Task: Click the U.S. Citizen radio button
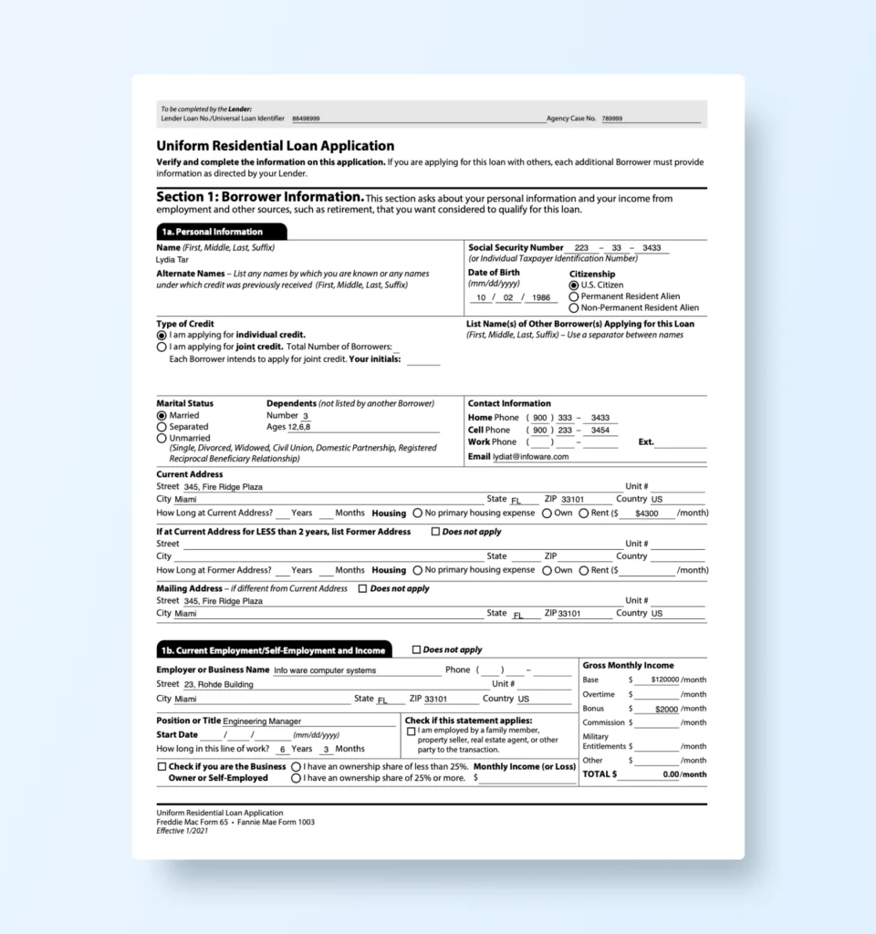(574, 285)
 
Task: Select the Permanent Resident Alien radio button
(574, 296)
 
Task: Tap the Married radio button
(162, 416)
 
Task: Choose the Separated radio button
(162, 427)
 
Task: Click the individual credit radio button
(162, 335)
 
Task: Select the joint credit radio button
(162, 347)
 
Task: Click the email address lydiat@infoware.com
(530, 457)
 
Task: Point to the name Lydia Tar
(172, 260)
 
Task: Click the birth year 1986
(542, 297)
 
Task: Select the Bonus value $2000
(666, 709)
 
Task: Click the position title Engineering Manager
(262, 721)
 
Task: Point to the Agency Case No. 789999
(612, 119)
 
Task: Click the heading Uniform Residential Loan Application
(276, 146)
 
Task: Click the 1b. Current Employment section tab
(274, 650)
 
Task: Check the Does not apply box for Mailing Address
(362, 589)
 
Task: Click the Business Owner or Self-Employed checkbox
(162, 767)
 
